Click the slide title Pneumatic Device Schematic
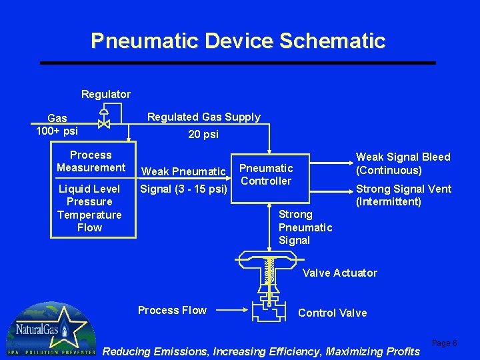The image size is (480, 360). pyautogui.click(x=238, y=41)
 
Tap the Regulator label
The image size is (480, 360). pyautogui.click(x=105, y=94)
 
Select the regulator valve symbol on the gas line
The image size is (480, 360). pyautogui.click(x=103, y=123)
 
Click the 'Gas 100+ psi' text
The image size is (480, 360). pyautogui.click(x=57, y=124)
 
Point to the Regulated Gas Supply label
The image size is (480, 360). pyautogui.click(x=203, y=117)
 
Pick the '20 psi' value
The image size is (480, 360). pyautogui.click(x=203, y=134)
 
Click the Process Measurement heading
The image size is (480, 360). pyautogui.click(x=91, y=161)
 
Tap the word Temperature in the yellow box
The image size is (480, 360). pyautogui.click(x=89, y=215)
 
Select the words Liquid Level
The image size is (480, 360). pyautogui.click(x=89, y=189)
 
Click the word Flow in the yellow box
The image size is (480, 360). pyautogui.click(x=89, y=227)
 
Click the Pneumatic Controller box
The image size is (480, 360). pyautogui.click(x=267, y=175)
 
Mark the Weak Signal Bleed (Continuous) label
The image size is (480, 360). pyautogui.click(x=403, y=163)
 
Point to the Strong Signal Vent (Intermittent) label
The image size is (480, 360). pyautogui.click(x=403, y=195)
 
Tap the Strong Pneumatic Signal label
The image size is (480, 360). pyautogui.click(x=305, y=227)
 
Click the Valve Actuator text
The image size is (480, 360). pyautogui.click(x=339, y=273)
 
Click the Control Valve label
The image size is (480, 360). pyautogui.click(x=332, y=313)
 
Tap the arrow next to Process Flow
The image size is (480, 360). pyautogui.click(x=233, y=310)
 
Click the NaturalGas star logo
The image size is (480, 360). pyautogui.click(x=51, y=330)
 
